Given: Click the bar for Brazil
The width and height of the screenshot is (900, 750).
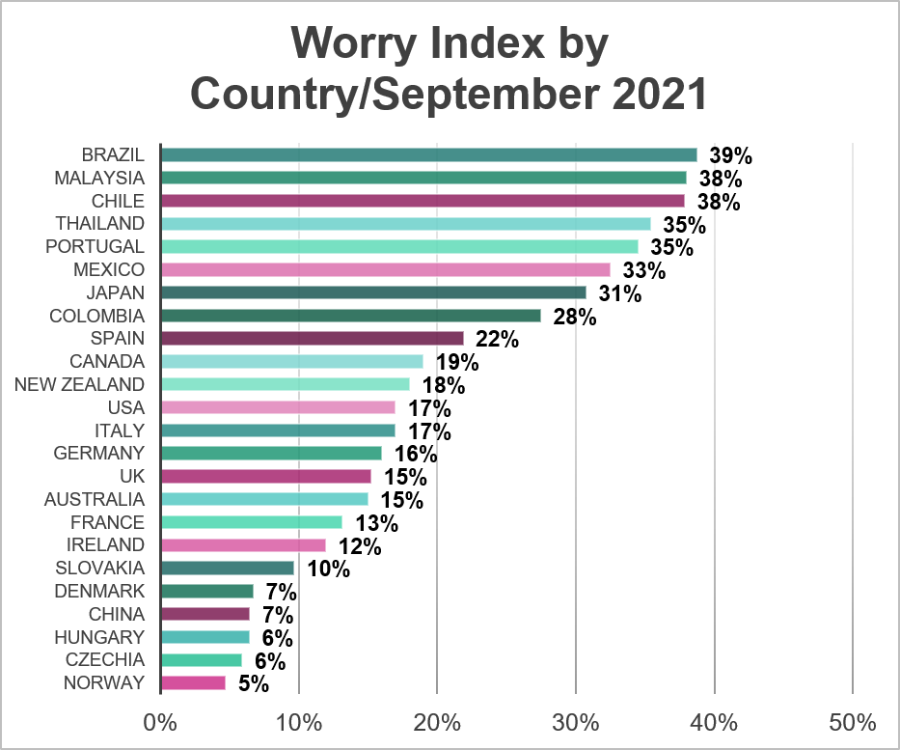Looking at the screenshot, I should click(429, 155).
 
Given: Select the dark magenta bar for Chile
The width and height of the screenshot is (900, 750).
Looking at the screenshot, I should click(423, 201).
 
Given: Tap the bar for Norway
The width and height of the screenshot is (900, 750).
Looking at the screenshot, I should click(193, 683).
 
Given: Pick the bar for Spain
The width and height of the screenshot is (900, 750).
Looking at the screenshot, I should click(313, 339).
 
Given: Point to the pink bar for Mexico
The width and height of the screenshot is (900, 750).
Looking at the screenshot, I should click(386, 269).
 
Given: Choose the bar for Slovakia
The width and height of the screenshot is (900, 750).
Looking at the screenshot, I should click(228, 569).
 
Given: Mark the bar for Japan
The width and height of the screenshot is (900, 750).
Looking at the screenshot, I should click(373, 292).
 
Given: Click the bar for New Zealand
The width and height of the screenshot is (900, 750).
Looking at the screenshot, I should click(286, 384).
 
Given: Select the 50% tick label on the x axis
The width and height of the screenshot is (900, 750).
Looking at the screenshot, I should click(853, 723).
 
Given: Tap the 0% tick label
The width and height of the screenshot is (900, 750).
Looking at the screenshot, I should click(160, 723).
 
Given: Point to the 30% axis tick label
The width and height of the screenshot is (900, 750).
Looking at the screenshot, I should click(576, 723).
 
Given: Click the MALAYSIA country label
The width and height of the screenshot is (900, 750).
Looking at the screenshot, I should click(99, 178).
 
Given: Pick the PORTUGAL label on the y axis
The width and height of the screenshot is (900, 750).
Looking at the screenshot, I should click(95, 246).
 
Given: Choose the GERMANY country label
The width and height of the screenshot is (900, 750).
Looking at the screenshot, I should click(99, 453).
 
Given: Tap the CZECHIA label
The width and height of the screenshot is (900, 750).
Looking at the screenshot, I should click(105, 660).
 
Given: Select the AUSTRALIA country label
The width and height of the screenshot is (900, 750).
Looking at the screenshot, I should click(95, 499).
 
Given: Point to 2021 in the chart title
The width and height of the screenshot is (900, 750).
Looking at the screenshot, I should click(655, 95).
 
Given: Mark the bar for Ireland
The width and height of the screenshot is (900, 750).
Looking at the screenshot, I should click(243, 545).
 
